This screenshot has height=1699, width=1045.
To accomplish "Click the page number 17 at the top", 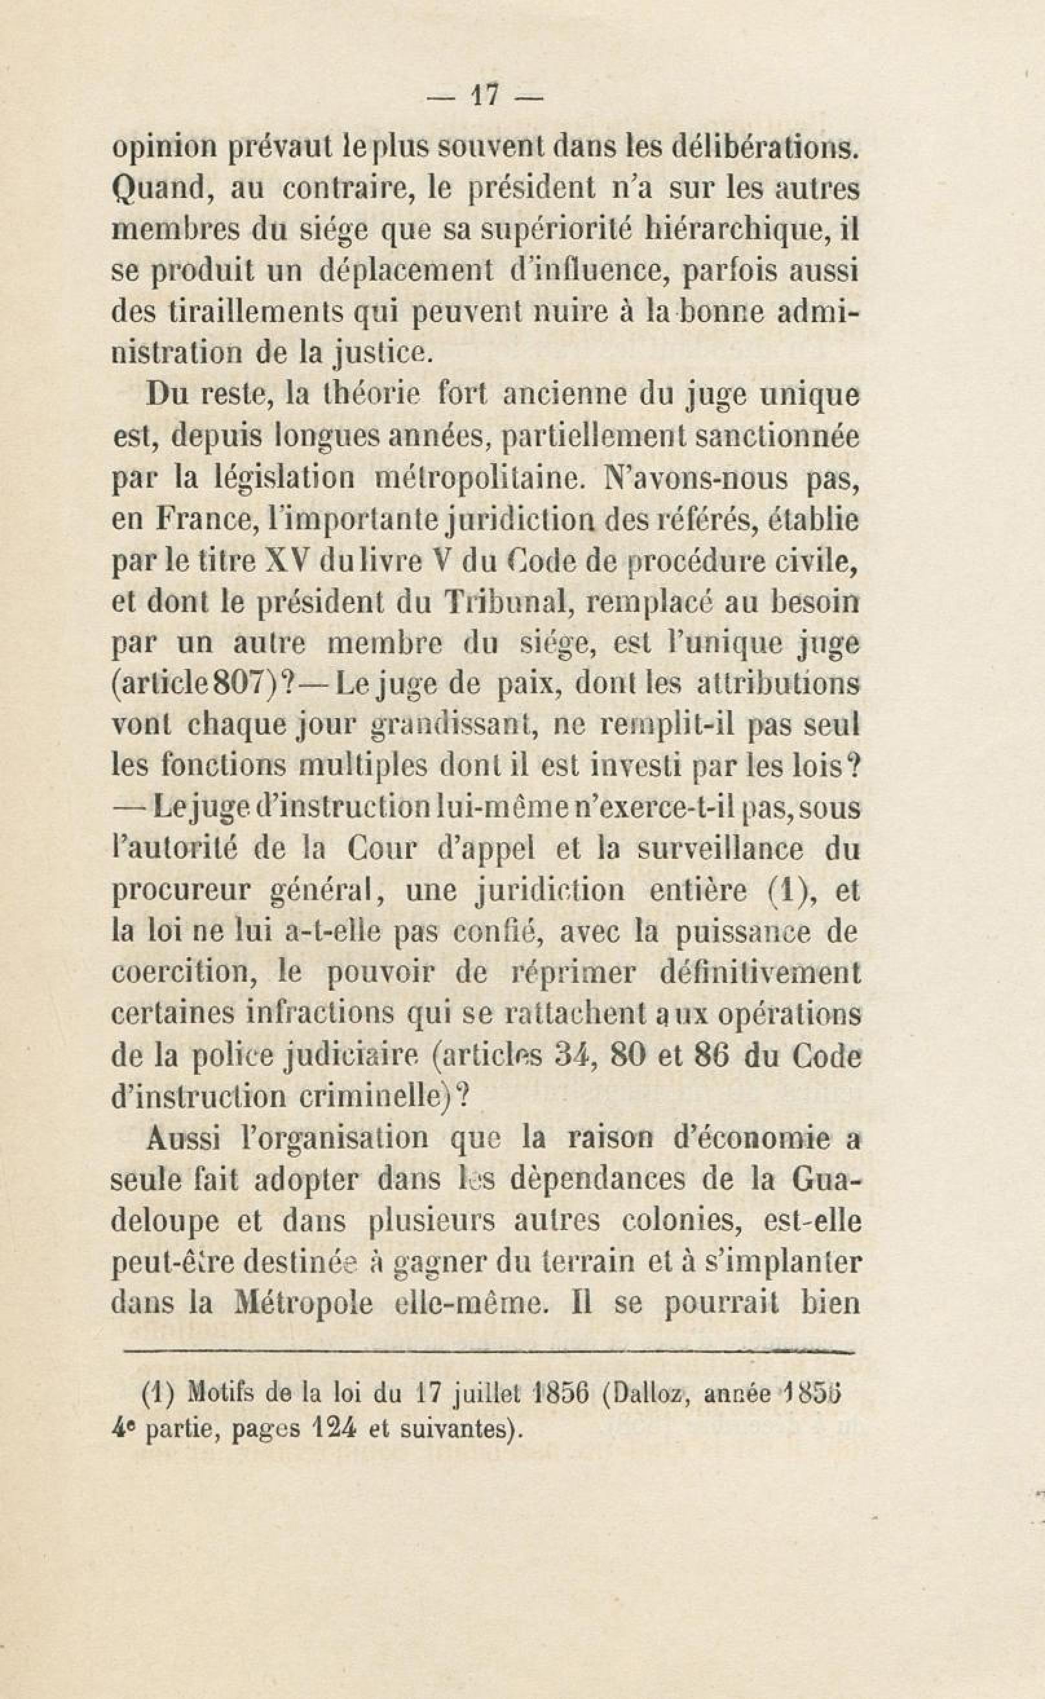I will pos(483,94).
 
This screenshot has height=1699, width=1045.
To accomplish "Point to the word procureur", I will pos(179,891).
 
